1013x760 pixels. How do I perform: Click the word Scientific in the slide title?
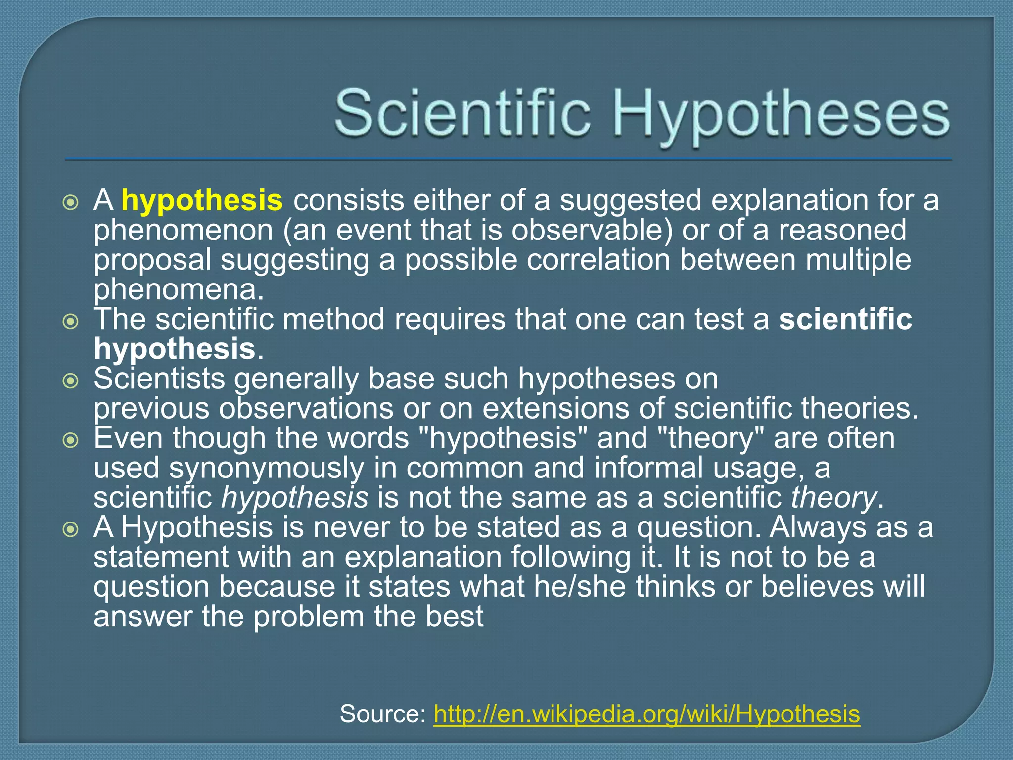pyautogui.click(x=462, y=113)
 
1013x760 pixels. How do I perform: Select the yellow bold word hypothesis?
pyautogui.click(x=202, y=200)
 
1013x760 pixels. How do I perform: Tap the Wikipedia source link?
pyautogui.click(x=647, y=714)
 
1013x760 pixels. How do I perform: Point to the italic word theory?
pyautogui.click(x=833, y=498)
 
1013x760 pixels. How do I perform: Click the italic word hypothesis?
pyautogui.click(x=295, y=498)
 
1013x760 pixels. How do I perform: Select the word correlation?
pyautogui.click(x=598, y=260)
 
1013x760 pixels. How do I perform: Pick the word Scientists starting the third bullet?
pyautogui.click(x=159, y=379)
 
